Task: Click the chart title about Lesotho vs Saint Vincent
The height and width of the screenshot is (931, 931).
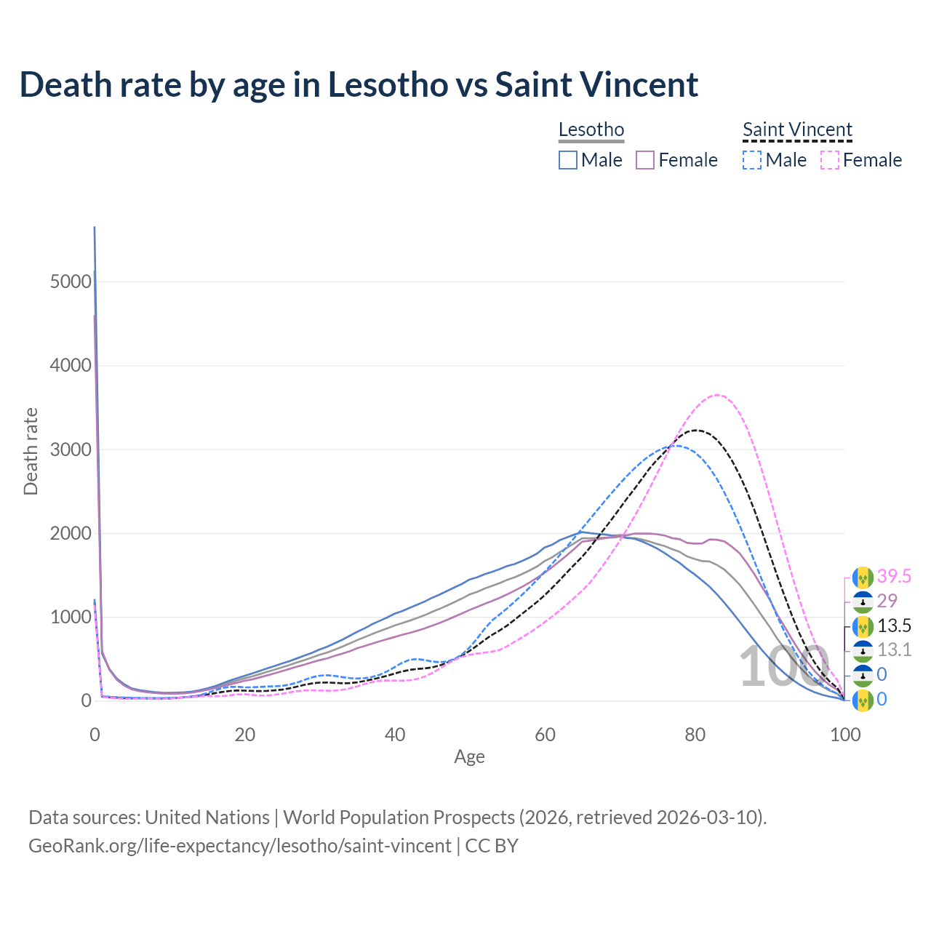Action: [x=359, y=85]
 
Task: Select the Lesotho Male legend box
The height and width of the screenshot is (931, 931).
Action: [x=568, y=160]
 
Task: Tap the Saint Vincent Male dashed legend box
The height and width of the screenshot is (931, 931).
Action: [x=752, y=160]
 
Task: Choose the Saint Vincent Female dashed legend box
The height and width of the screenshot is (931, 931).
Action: [x=830, y=160]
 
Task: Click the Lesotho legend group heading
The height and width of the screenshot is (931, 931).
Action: [x=591, y=130]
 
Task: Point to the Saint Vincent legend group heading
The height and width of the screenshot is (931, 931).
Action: [x=797, y=130]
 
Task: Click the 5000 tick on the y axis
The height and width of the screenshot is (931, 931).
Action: [x=71, y=281]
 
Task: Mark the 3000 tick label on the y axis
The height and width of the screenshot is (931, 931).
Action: [x=71, y=449]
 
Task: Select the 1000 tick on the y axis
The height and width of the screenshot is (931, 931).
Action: [x=71, y=618]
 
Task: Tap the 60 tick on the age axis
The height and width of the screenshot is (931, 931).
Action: [x=545, y=735]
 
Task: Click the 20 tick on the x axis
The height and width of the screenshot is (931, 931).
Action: [x=245, y=735]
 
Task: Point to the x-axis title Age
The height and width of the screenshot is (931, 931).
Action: [x=469, y=757]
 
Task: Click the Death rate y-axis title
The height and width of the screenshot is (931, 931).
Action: [x=31, y=452]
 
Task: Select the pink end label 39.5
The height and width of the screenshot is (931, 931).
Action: [x=894, y=577]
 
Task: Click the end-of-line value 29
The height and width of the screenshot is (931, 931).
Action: [x=887, y=601]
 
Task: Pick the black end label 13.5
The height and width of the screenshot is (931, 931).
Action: [x=894, y=626]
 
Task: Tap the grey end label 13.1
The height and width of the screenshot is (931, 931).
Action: [x=894, y=650]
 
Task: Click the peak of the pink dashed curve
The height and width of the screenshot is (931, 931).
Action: [x=717, y=395]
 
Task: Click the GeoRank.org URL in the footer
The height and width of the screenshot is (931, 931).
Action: [x=240, y=846]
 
